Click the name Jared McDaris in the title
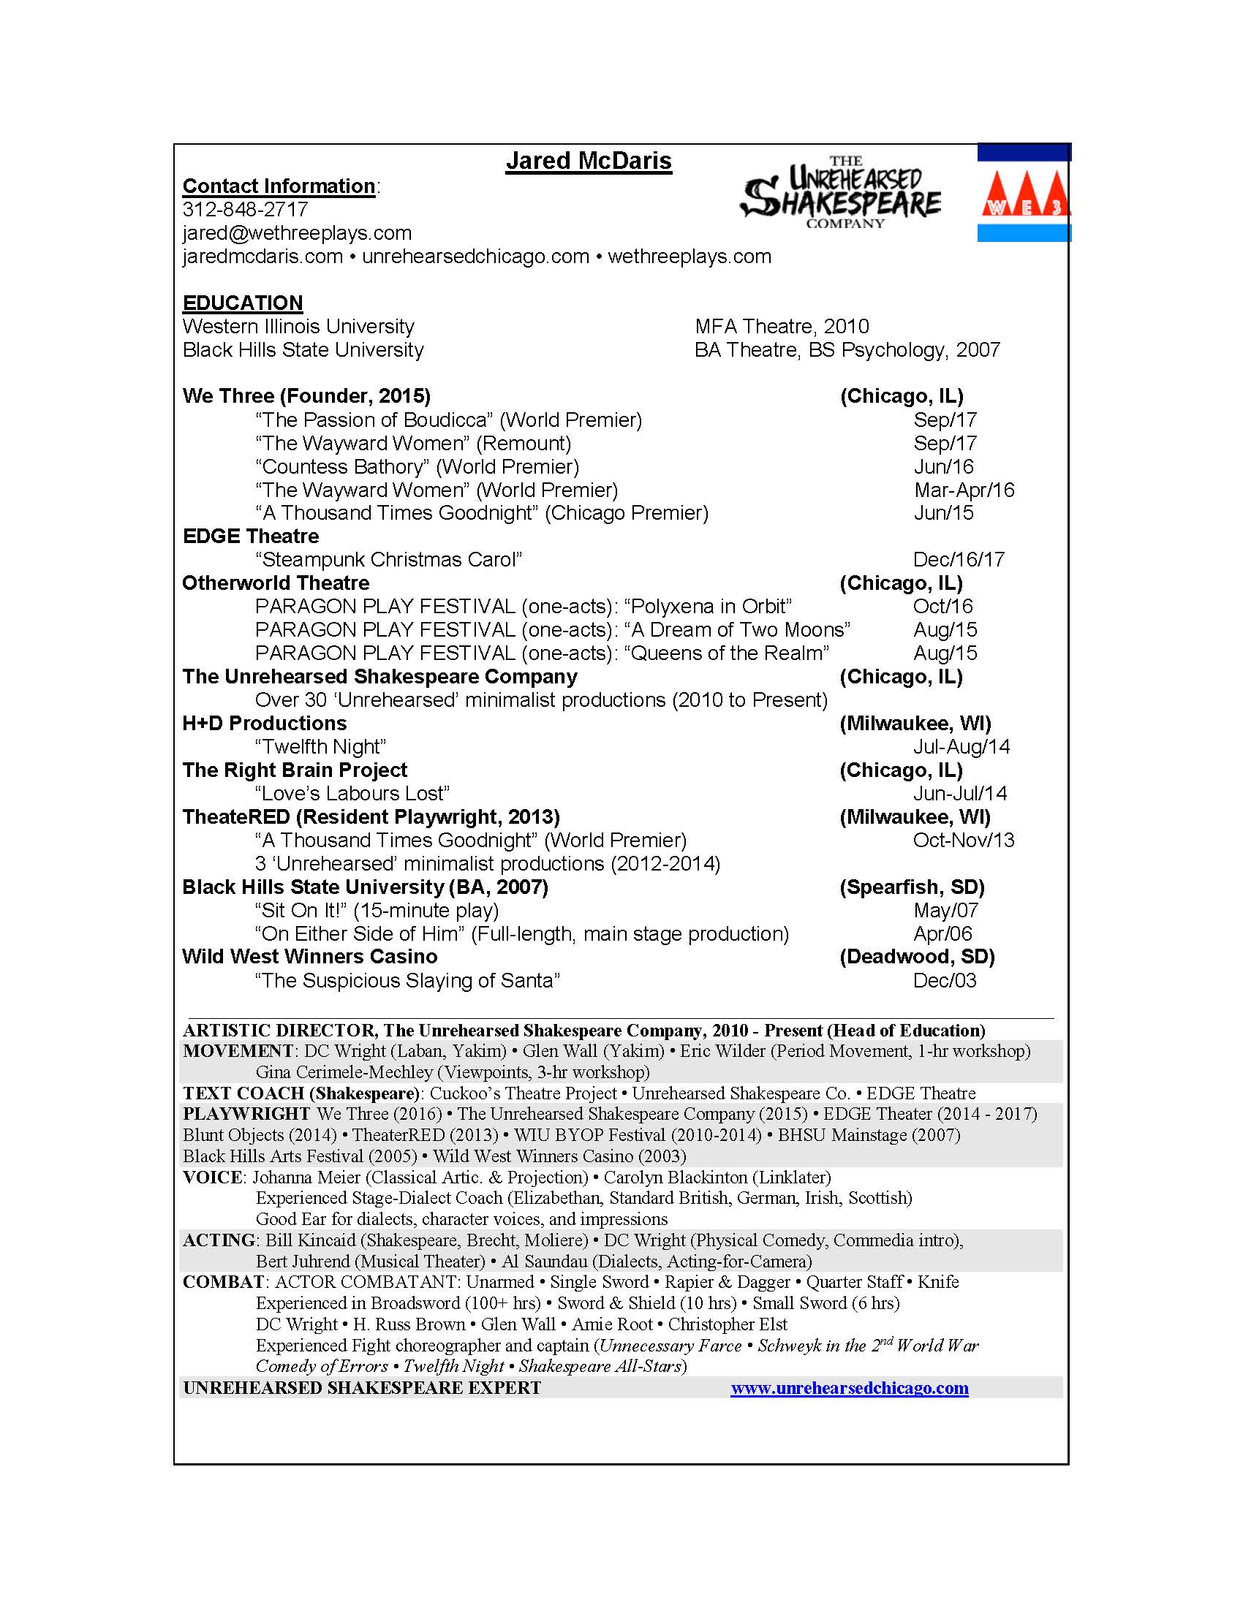click(x=589, y=162)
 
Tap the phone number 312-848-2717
click(x=245, y=210)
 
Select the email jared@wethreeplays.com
click(x=297, y=233)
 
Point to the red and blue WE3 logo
click(x=1024, y=194)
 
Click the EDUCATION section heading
click(x=242, y=303)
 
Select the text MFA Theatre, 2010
click(x=782, y=326)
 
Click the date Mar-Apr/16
click(x=963, y=490)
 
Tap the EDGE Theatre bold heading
click(x=250, y=536)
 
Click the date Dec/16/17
click(x=958, y=561)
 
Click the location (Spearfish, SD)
click(x=912, y=887)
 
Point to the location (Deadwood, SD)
click(x=917, y=957)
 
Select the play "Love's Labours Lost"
click(x=352, y=794)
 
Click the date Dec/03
click(x=944, y=981)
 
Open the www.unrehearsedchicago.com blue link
click(x=849, y=1389)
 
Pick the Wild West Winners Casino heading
click(x=309, y=957)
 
